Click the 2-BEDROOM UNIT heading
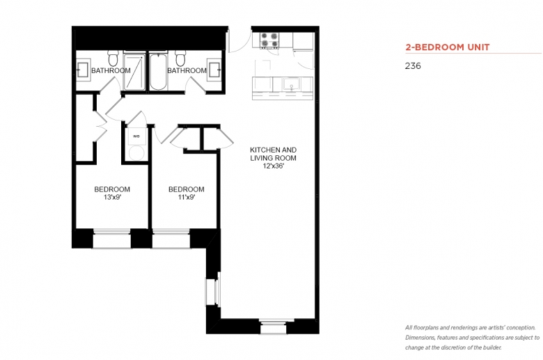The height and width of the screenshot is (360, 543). [448, 47]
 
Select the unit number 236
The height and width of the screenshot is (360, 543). [413, 66]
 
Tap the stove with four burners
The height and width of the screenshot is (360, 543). [269, 40]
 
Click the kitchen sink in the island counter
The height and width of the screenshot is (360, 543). [291, 84]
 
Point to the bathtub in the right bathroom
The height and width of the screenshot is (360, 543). [159, 72]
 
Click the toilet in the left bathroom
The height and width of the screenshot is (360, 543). [113, 58]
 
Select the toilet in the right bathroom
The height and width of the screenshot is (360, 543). [180, 58]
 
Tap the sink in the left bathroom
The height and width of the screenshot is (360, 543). [84, 70]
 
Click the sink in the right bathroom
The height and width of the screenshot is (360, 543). [214, 70]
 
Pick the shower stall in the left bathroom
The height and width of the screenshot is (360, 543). [134, 72]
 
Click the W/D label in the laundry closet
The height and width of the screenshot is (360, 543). [136, 136]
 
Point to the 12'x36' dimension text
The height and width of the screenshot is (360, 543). [273, 166]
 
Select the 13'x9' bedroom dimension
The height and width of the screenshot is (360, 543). [112, 198]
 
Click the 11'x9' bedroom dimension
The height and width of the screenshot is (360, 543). [187, 198]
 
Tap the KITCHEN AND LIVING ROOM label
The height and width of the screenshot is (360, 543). [273, 154]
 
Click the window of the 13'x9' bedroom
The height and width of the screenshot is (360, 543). [112, 238]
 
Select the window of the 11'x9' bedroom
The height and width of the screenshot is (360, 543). [171, 238]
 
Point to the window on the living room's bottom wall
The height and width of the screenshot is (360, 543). [274, 327]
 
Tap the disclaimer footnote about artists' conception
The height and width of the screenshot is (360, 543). [473, 338]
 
